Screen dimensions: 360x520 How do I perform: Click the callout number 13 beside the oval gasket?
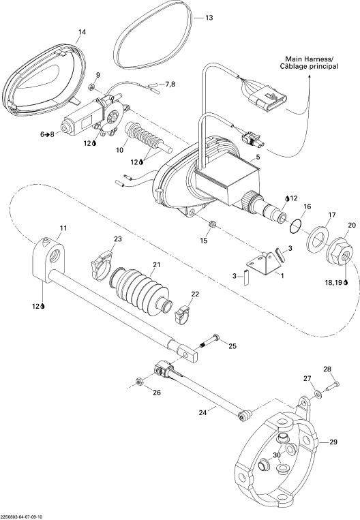pyautogui.click(x=209, y=18)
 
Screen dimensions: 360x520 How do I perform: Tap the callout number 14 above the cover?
pyautogui.click(x=82, y=32)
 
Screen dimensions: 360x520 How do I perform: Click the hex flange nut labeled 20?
pyautogui.click(x=339, y=254)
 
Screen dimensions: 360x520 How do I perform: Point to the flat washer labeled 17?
pyautogui.click(x=318, y=241)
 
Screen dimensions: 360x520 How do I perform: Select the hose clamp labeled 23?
pyautogui.click(x=102, y=264)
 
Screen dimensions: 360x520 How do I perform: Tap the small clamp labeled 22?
pyautogui.click(x=181, y=315)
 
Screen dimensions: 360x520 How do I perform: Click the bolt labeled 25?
pyautogui.click(x=209, y=341)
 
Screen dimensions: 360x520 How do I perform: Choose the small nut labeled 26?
pyautogui.click(x=139, y=381)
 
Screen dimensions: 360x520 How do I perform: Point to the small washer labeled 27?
pyautogui.click(x=318, y=395)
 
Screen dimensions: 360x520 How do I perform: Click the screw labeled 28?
pyautogui.click(x=333, y=386)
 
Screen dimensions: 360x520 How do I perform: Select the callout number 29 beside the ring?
pyautogui.click(x=333, y=442)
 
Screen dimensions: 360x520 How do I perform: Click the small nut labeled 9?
pyautogui.click(x=92, y=87)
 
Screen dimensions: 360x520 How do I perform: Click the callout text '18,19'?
pyautogui.click(x=334, y=282)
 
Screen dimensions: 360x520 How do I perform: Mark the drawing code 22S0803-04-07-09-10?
pyautogui.click(x=22, y=517)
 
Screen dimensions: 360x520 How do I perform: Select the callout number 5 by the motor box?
pyautogui.click(x=258, y=157)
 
